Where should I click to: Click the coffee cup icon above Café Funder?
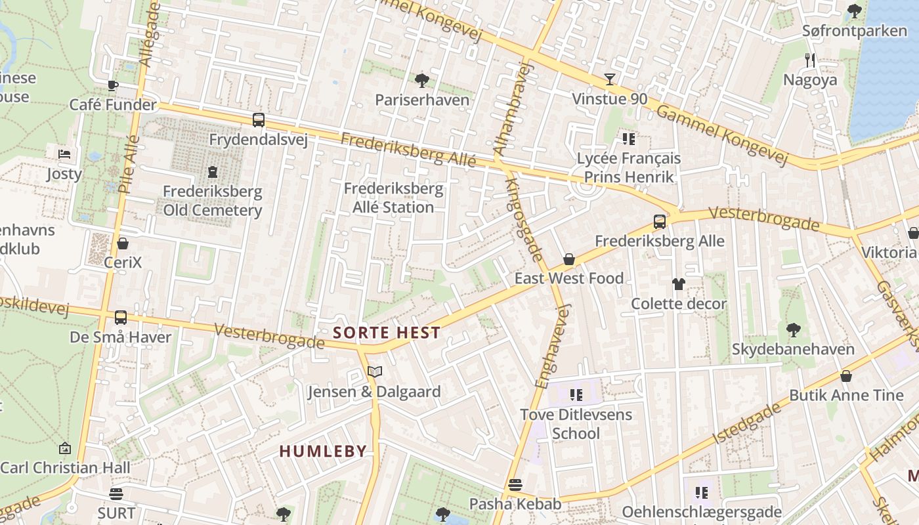coord(113,85)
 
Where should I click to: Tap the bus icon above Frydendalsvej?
coord(259,120)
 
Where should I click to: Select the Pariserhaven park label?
coord(422,100)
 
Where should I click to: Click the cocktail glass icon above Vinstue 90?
coord(610,79)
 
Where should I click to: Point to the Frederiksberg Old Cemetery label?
coord(212,201)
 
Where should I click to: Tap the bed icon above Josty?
coord(64,154)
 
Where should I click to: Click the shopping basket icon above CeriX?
coord(123,244)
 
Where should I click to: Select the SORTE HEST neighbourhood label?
coord(386,333)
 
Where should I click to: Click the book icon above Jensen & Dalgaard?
coord(375,372)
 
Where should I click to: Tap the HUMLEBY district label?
coord(323,451)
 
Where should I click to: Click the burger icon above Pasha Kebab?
coord(515,485)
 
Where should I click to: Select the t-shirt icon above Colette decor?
coord(678,284)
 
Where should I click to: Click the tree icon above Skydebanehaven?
coord(793,329)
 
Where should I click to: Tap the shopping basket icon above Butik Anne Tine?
coord(846,376)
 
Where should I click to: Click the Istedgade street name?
coord(748,423)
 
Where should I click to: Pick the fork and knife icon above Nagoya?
coord(810,60)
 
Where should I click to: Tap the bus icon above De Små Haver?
coord(121,318)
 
